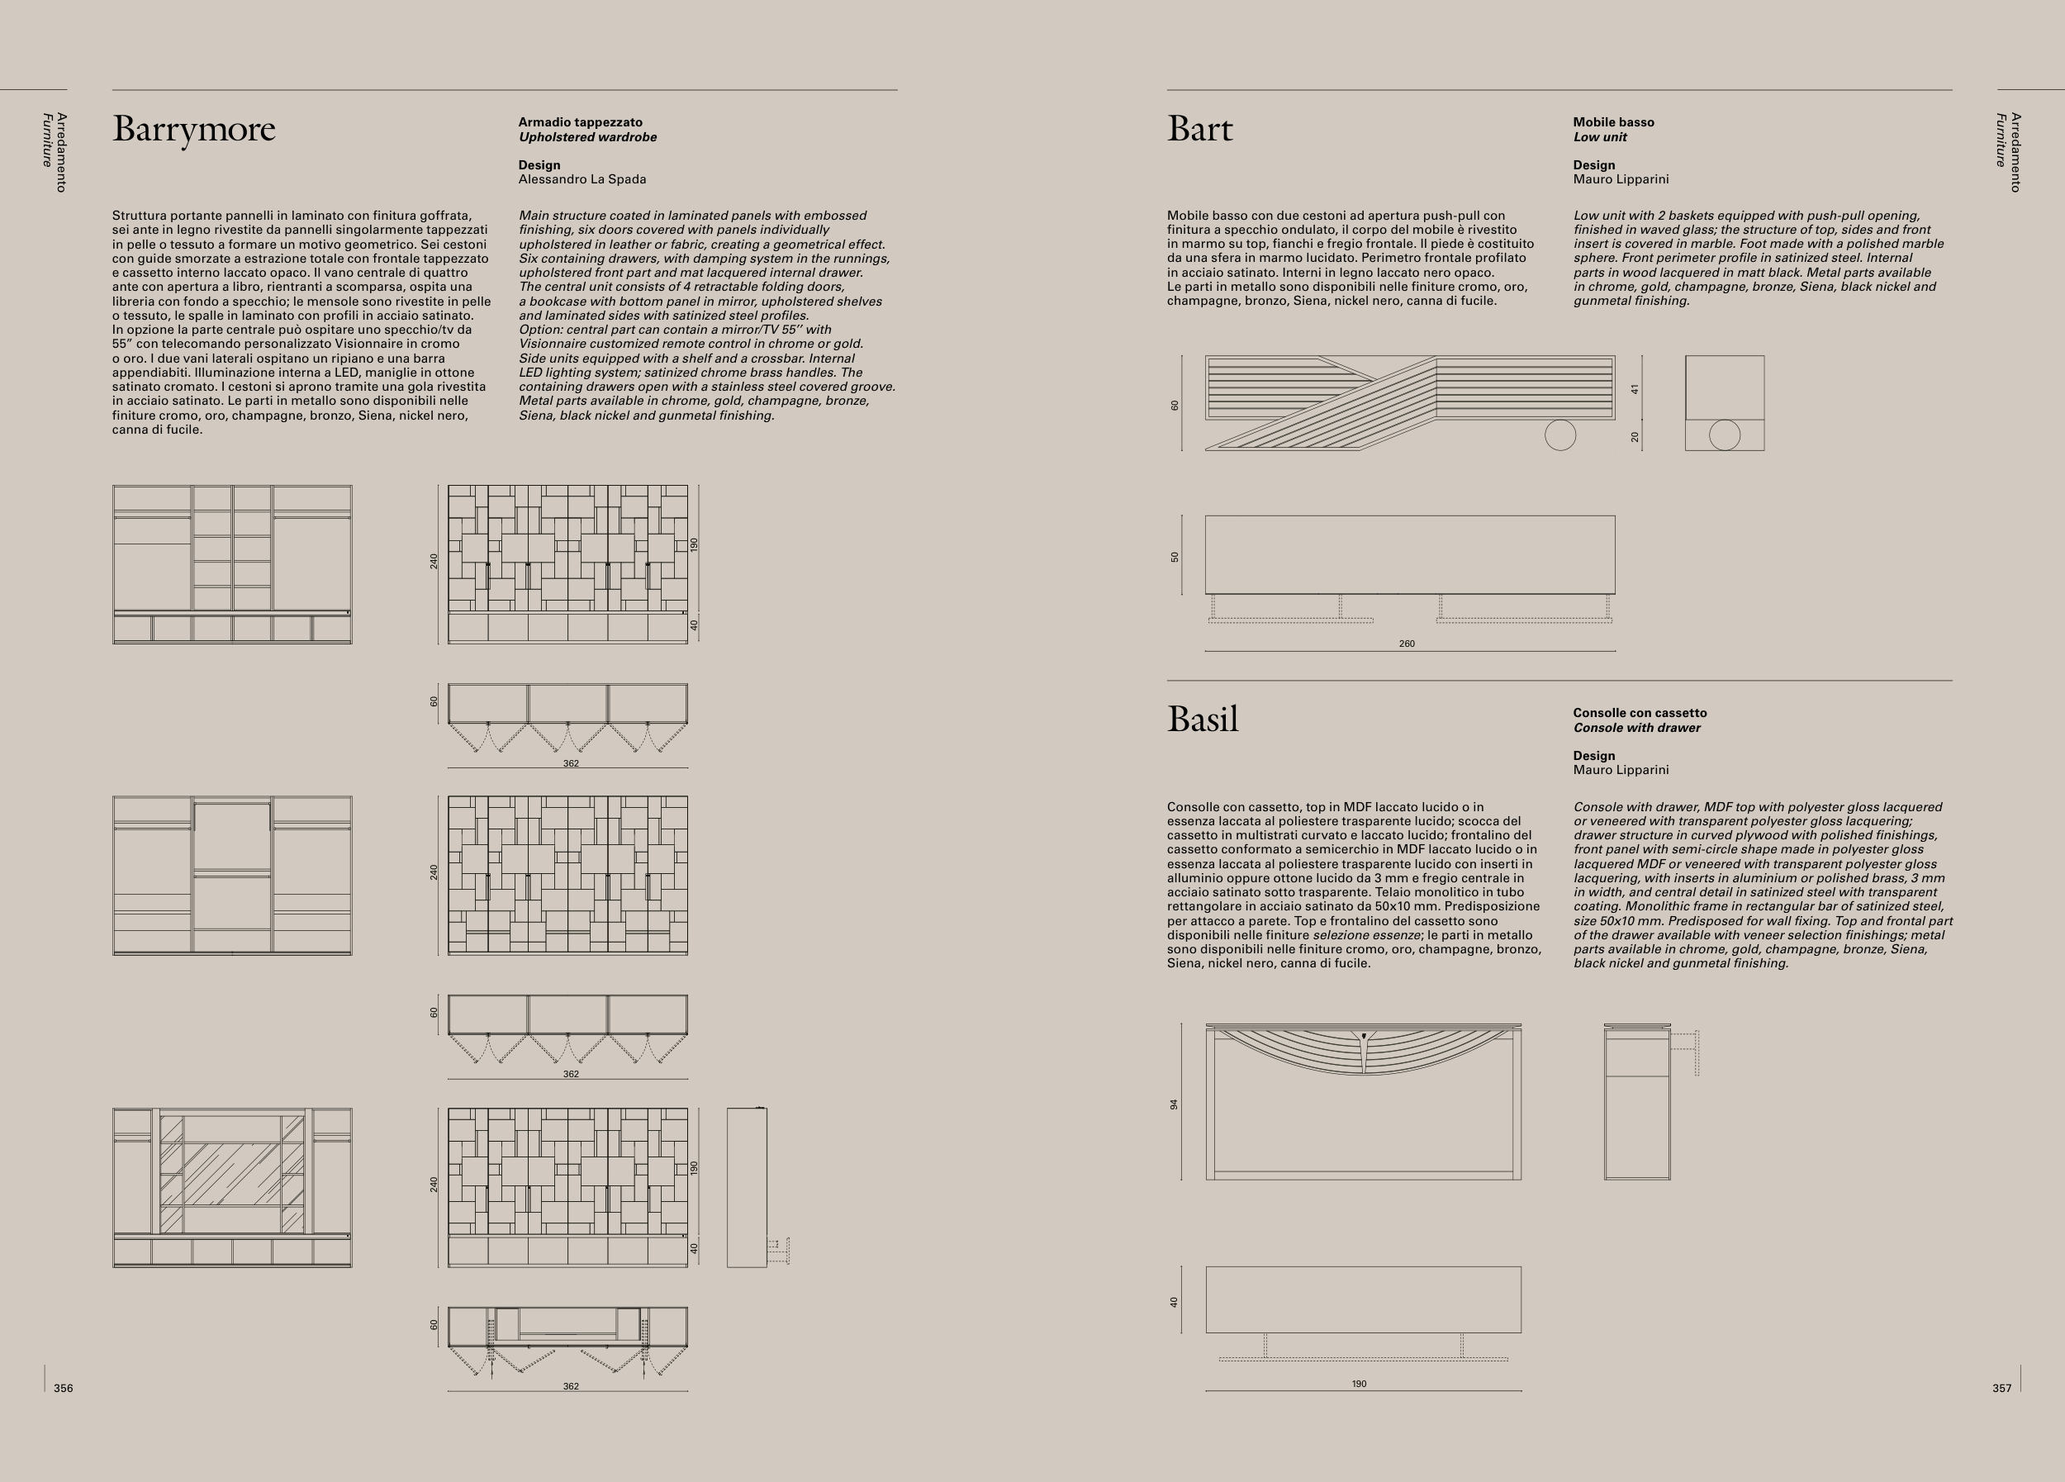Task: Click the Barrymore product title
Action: (x=193, y=129)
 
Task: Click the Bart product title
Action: (x=1199, y=129)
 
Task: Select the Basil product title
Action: (x=1202, y=720)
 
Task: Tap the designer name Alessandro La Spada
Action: (x=582, y=179)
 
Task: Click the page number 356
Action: (x=63, y=1388)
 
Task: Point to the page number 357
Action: (x=2001, y=1388)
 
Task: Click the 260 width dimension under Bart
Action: (x=1407, y=644)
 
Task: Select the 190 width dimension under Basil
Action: (x=1359, y=1384)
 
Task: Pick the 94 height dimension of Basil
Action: (x=1175, y=1104)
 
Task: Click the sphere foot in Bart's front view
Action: (x=1559, y=435)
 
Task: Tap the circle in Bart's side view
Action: (x=1725, y=435)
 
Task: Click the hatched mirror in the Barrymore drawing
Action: (x=232, y=1175)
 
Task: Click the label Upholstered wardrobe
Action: (x=587, y=137)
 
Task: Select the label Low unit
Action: (x=1600, y=137)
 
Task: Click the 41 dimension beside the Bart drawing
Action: (x=1635, y=389)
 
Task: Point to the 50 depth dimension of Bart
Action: (x=1175, y=556)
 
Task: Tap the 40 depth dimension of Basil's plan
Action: (x=1175, y=1302)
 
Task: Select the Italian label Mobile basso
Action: (x=1613, y=122)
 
